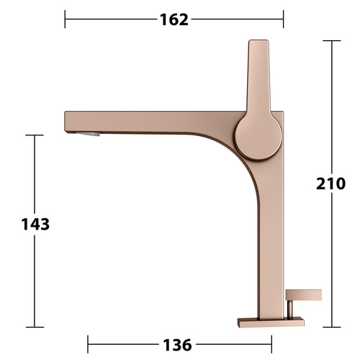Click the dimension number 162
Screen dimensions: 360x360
pyautogui.click(x=174, y=19)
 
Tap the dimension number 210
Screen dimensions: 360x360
pyautogui.click(x=330, y=184)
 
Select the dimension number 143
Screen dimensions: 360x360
pyautogui.click(x=35, y=224)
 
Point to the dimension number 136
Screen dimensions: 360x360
pyautogui.click(x=177, y=345)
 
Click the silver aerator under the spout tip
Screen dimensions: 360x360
pyautogui.click(x=88, y=134)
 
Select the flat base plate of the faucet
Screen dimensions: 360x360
pyautogui.click(x=271, y=322)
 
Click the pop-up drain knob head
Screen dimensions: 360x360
pyautogui.click(x=304, y=295)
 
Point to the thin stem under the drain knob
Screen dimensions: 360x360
pyautogui.click(x=290, y=310)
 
